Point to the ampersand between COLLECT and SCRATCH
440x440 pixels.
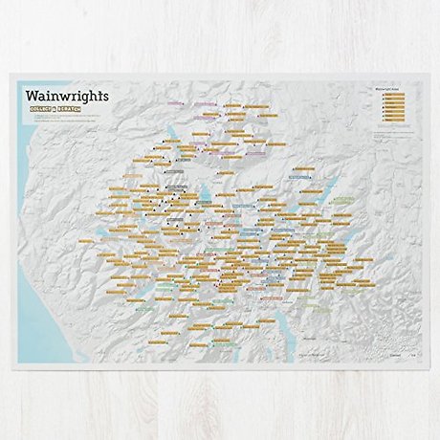coord(66,113)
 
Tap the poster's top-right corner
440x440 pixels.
coord(422,76)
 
